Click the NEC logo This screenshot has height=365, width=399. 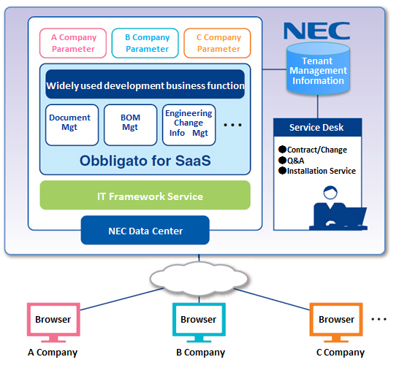click(317, 31)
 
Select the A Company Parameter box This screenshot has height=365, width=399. click(73, 43)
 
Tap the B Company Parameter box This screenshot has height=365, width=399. click(145, 43)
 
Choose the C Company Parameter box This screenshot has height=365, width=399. click(217, 43)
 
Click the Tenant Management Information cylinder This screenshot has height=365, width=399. click(318, 69)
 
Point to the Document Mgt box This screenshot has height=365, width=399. click(72, 125)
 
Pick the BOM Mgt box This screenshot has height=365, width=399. click(131, 125)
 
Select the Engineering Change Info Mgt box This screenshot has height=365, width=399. click(189, 125)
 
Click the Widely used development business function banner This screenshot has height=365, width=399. click(145, 84)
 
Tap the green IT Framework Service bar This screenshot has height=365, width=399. click(145, 195)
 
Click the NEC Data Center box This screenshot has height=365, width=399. click(145, 230)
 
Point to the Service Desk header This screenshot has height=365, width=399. click(318, 127)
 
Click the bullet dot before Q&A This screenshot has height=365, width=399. click(283, 160)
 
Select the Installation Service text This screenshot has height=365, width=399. click(322, 171)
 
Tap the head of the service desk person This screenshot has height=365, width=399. click(330, 193)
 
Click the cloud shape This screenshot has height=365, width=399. click(199, 279)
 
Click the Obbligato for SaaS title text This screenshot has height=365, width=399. click(145, 161)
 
